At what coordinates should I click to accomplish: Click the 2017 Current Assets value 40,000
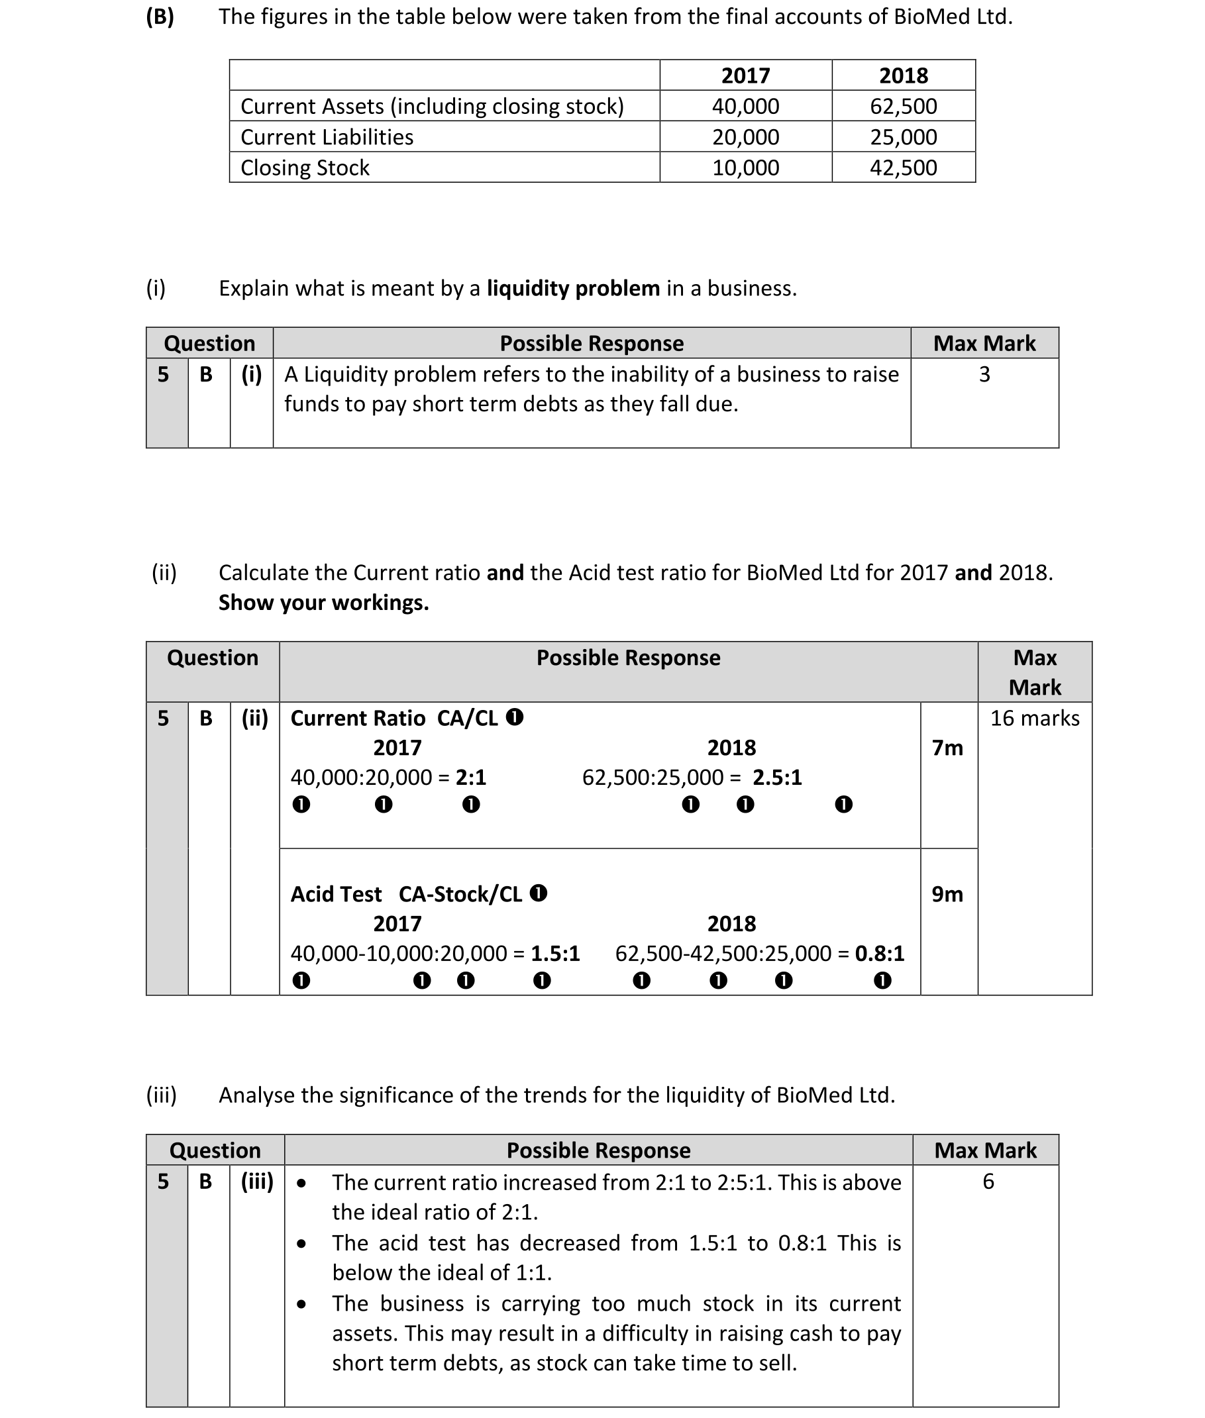[x=745, y=106]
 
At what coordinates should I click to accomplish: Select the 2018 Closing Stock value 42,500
[x=903, y=168]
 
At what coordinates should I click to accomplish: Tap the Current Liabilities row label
[x=327, y=136]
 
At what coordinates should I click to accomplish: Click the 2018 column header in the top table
[x=903, y=75]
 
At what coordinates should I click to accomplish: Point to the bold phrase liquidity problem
[x=572, y=288]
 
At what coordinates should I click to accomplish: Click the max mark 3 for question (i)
[x=984, y=374]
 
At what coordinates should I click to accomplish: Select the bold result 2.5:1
[x=776, y=778]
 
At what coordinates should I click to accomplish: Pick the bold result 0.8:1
[x=879, y=953]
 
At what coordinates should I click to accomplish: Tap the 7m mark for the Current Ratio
[x=947, y=748]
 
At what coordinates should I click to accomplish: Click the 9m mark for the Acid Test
[x=947, y=894]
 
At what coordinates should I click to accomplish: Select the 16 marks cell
[x=1034, y=718]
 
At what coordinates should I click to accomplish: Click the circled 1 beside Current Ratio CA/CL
[x=514, y=717]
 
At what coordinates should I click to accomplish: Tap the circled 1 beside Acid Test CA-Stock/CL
[x=539, y=893]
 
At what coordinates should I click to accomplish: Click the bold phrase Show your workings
[x=323, y=603]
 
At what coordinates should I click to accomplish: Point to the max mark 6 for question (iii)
[x=988, y=1182]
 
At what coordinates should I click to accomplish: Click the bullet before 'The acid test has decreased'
[x=301, y=1243]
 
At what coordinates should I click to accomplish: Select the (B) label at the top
[x=160, y=17]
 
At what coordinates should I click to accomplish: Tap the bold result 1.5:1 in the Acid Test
[x=554, y=953]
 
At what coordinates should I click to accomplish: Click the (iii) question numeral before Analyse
[x=161, y=1095]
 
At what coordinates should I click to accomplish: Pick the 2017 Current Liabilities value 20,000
[x=745, y=136]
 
